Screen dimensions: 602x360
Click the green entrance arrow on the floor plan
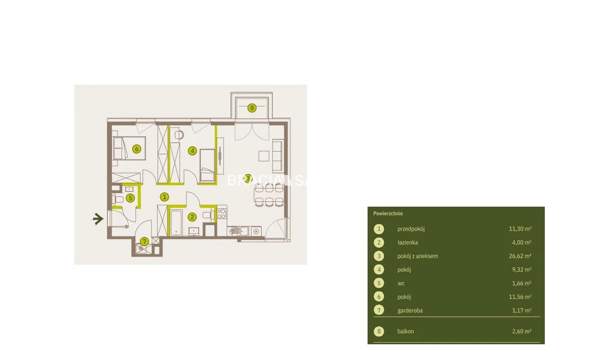pyautogui.click(x=98, y=219)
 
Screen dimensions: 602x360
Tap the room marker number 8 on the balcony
pyautogui.click(x=252, y=108)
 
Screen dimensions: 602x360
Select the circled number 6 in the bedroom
pyautogui.click(x=137, y=149)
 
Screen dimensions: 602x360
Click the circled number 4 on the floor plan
pyautogui.click(x=192, y=151)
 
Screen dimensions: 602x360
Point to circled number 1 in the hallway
pyautogui.click(x=164, y=197)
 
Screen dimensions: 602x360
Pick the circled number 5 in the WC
pyautogui.click(x=131, y=198)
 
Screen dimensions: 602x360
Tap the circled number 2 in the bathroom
pyautogui.click(x=192, y=217)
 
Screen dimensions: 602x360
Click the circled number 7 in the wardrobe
pyautogui.click(x=144, y=241)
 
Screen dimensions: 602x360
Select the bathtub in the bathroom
pyautogui.click(x=176, y=223)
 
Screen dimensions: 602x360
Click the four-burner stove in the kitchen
pyautogui.click(x=222, y=213)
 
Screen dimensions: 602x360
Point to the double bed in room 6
pyautogui.click(x=129, y=148)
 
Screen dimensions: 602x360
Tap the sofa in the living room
pyautogui.click(x=278, y=156)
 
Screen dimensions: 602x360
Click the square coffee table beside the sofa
pyautogui.click(x=264, y=156)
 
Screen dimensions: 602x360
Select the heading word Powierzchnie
pyautogui.click(x=388, y=214)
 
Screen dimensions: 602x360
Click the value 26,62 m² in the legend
pyautogui.click(x=520, y=256)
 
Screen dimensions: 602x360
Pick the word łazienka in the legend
pyautogui.click(x=407, y=242)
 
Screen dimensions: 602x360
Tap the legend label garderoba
pyautogui.click(x=410, y=311)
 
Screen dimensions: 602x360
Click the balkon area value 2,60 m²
pyautogui.click(x=522, y=331)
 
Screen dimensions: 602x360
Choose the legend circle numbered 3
pyautogui.click(x=379, y=256)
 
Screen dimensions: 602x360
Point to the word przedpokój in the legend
pyautogui.click(x=411, y=229)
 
